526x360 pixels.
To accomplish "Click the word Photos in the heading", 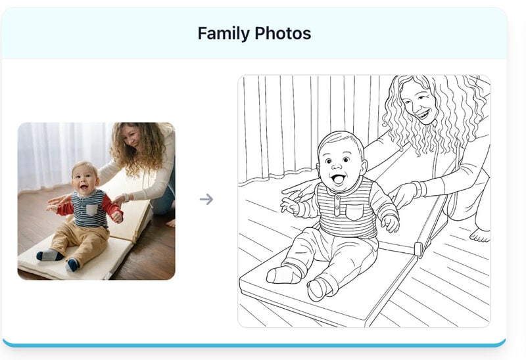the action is tap(283, 34).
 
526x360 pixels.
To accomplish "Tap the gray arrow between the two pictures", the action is tap(206, 199).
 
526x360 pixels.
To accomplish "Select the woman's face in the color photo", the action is tap(131, 137).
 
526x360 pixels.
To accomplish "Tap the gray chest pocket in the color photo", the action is tap(92, 210).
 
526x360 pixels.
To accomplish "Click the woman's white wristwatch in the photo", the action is tap(126, 198).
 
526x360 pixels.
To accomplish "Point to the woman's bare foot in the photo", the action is tap(171, 223).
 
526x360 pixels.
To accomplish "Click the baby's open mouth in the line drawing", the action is tap(338, 179).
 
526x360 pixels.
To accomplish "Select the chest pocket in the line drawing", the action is tap(354, 212).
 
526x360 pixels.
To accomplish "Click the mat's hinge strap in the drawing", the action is tap(419, 250).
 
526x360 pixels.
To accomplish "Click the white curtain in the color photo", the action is tap(60, 154).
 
